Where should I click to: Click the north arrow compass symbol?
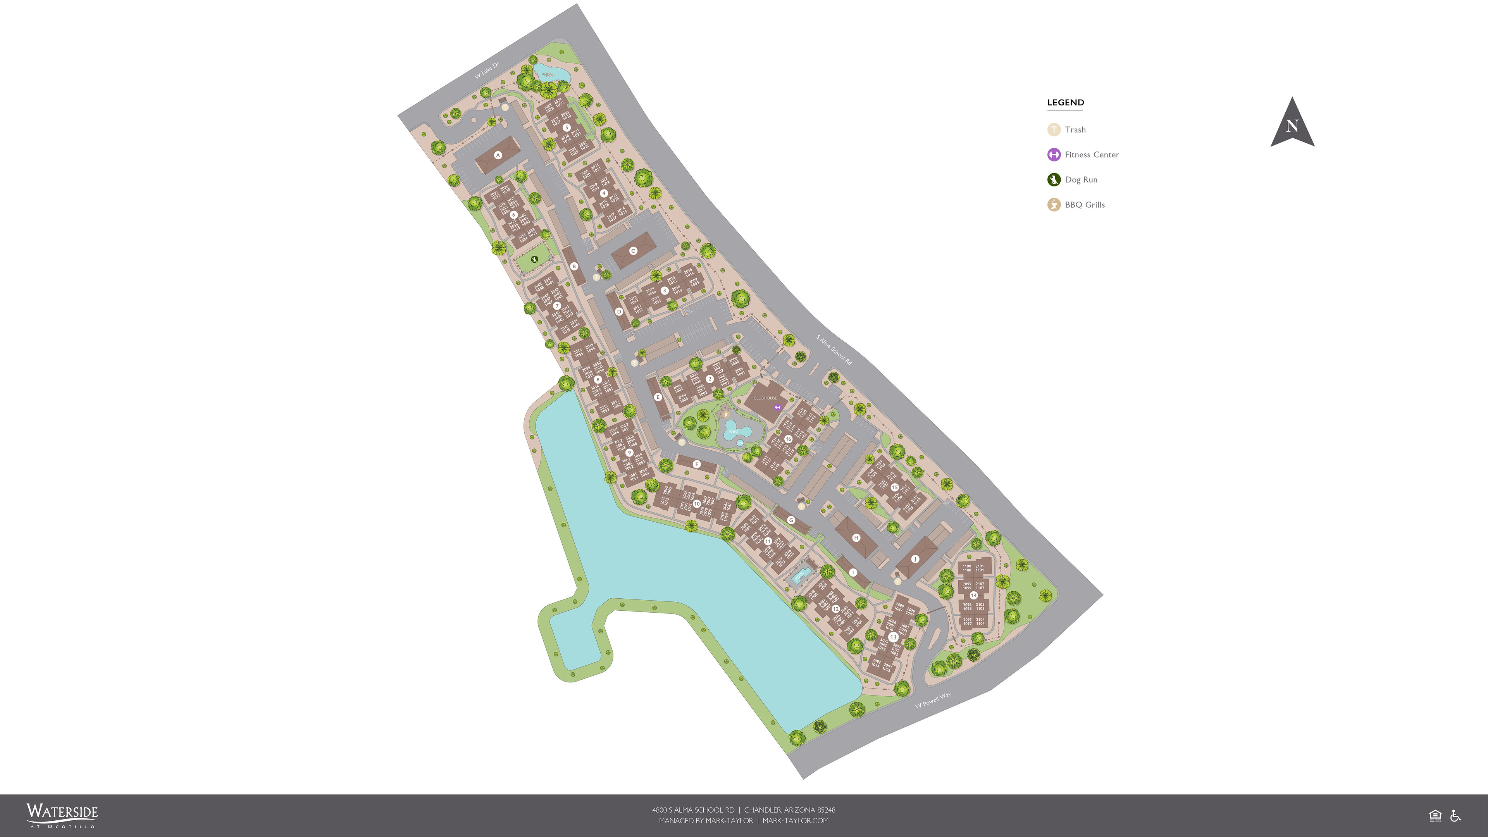(1292, 124)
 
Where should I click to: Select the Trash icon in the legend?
(1054, 130)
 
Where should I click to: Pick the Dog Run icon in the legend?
(1054, 180)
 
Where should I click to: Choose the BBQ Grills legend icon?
(1054, 205)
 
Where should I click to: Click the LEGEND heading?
(1065, 103)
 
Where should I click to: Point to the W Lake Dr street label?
(486, 71)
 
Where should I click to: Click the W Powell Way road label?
(933, 700)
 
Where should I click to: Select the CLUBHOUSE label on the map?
(765, 398)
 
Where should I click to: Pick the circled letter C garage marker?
(633, 251)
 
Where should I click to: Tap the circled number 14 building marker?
(973, 595)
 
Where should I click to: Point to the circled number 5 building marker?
(566, 127)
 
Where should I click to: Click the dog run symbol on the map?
(534, 259)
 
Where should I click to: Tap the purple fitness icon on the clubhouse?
(777, 407)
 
